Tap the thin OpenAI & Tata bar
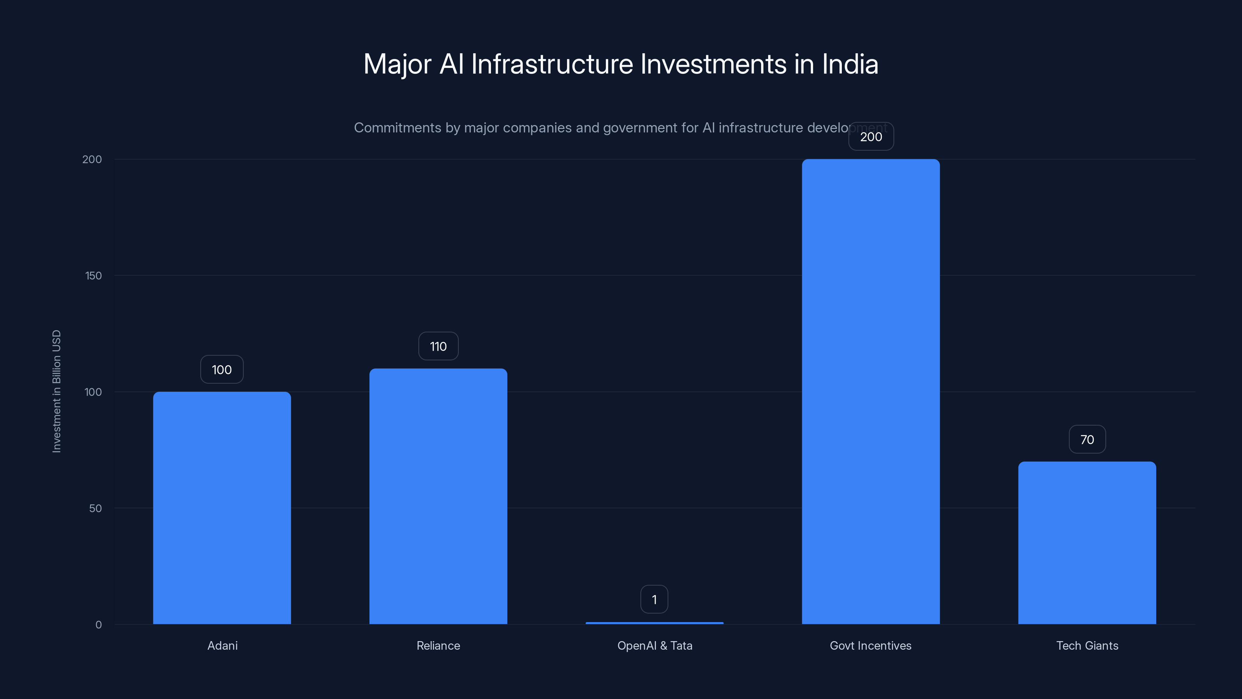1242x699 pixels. [654, 623]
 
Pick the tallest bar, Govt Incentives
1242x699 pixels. [870, 391]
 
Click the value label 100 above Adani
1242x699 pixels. [222, 370]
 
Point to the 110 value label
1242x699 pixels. [438, 346]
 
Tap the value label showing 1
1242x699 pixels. [654, 600]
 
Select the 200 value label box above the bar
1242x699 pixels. [871, 137]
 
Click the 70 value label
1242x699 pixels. [1087, 440]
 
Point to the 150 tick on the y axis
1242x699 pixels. [94, 275]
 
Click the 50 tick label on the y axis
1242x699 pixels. [95, 508]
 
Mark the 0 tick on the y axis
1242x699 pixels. [98, 625]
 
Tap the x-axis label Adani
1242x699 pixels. [222, 645]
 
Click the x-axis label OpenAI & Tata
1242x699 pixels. [654, 645]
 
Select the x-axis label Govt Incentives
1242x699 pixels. [870, 645]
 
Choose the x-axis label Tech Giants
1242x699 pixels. [1087, 645]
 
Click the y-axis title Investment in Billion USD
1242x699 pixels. [56, 391]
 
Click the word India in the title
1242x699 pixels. [850, 64]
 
